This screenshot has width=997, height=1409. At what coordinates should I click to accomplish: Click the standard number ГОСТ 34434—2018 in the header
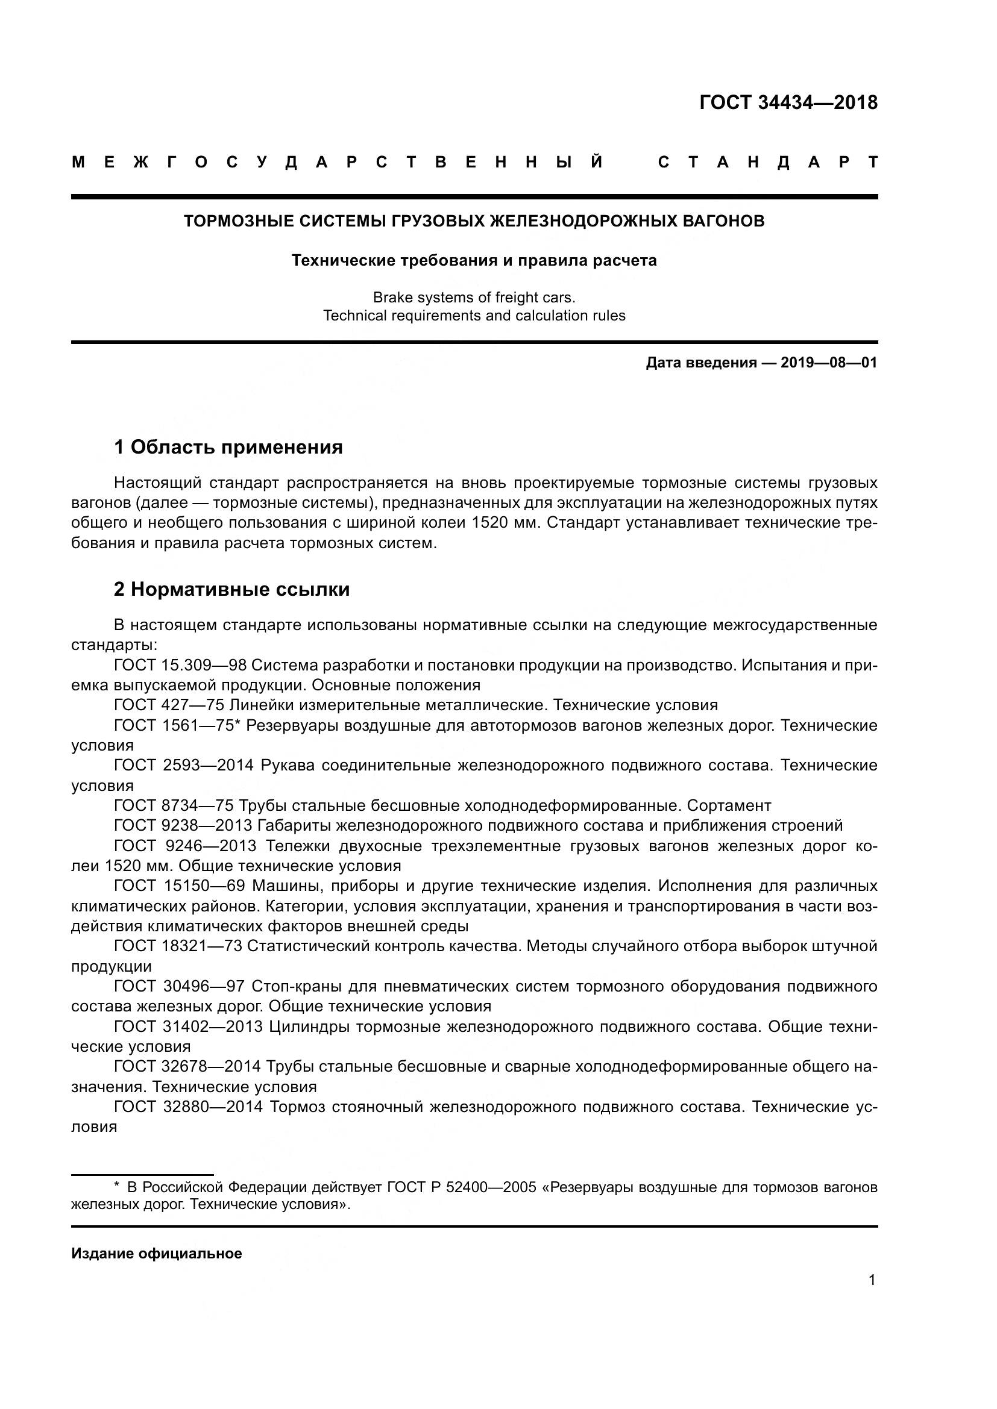pyautogui.click(x=788, y=102)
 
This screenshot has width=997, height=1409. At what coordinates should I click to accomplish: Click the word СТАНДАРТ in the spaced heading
pyautogui.click(x=767, y=163)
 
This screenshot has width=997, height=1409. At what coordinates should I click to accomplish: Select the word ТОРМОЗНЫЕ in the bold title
pyautogui.click(x=233, y=221)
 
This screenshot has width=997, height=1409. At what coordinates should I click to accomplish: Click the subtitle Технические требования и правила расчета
pyautogui.click(x=474, y=260)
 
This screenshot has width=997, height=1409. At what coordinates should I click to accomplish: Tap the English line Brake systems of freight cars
pyautogui.click(x=474, y=298)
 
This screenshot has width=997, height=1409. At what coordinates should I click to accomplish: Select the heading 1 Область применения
pyautogui.click(x=228, y=447)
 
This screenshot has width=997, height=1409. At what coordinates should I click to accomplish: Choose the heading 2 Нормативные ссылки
pyautogui.click(x=231, y=589)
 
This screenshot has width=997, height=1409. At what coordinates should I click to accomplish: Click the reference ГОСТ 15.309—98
pyautogui.click(x=180, y=664)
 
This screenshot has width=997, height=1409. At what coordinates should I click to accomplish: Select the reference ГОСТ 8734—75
pyautogui.click(x=174, y=805)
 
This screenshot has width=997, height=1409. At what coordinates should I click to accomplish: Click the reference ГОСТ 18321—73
pyautogui.click(x=178, y=946)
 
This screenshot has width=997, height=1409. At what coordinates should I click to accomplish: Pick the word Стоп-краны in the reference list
pyautogui.click(x=297, y=986)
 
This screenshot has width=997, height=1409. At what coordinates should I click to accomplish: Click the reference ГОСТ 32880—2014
pyautogui.click(x=189, y=1107)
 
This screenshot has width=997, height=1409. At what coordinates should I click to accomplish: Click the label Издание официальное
pyautogui.click(x=157, y=1254)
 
